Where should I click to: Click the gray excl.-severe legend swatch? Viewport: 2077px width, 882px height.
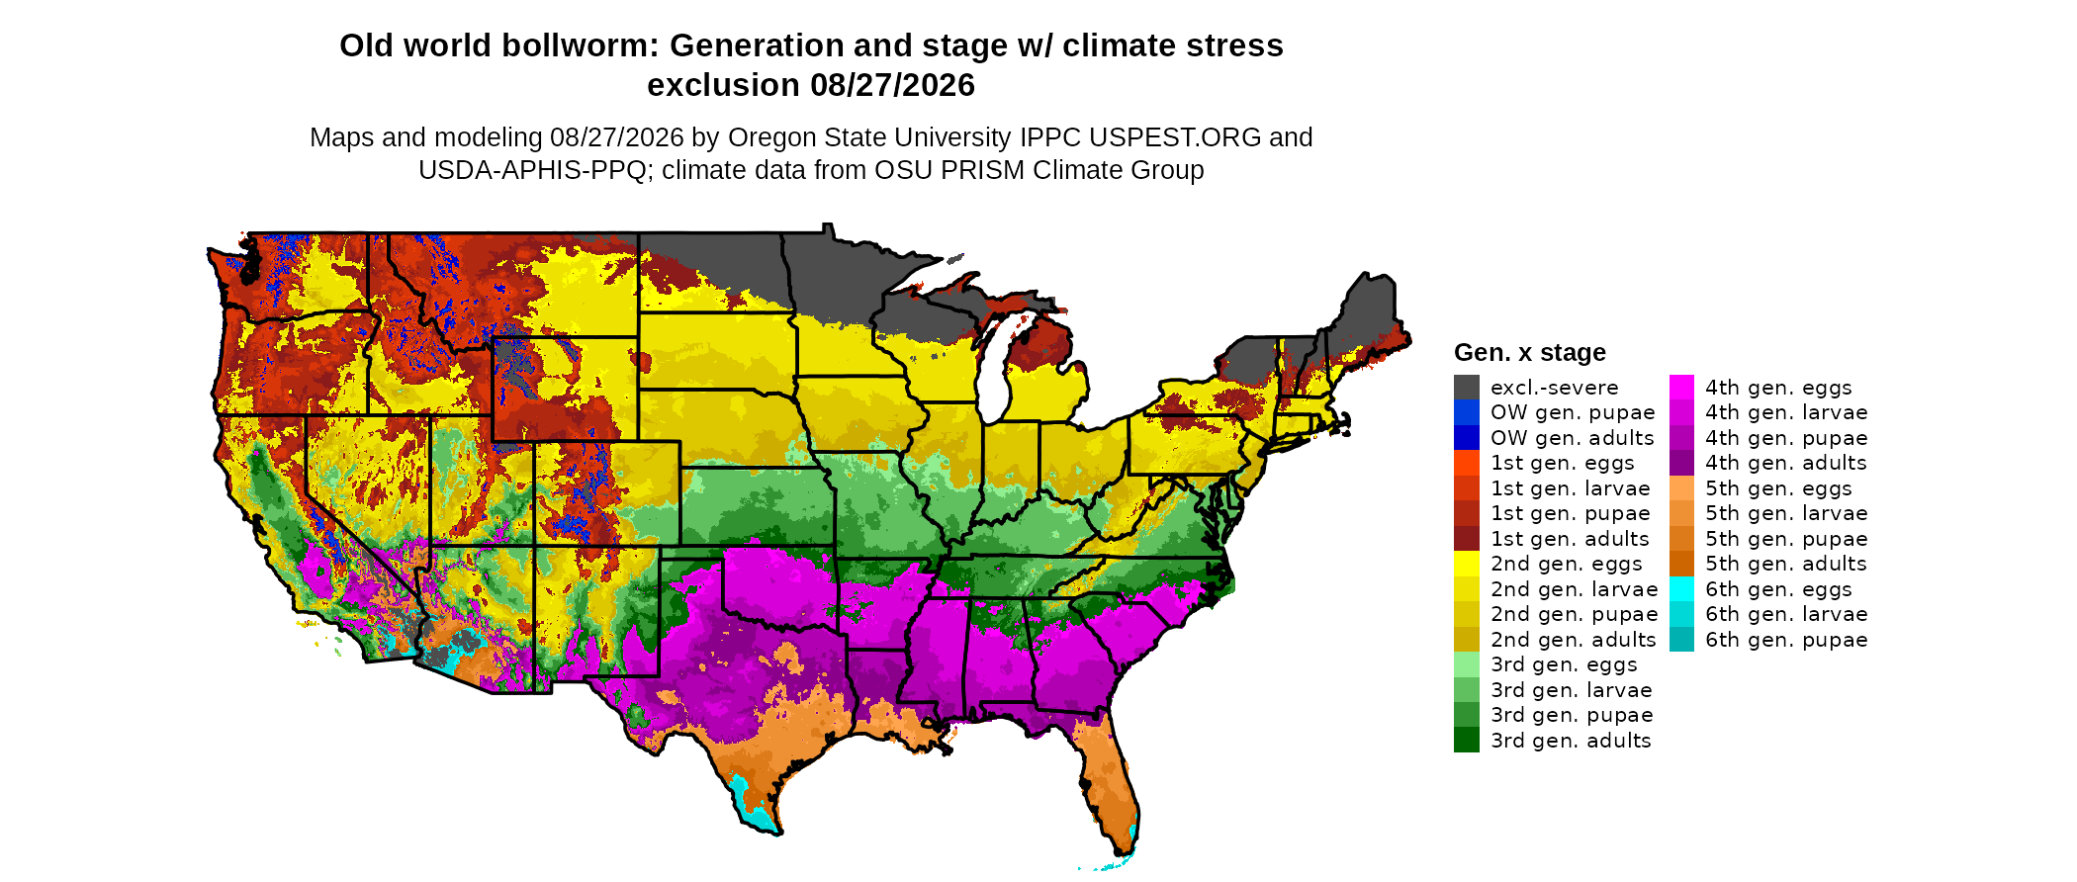pyautogui.click(x=1467, y=387)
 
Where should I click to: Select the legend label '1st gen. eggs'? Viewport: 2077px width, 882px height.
pyautogui.click(x=1563, y=463)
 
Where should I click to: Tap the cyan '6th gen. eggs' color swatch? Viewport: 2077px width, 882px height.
pyautogui.click(x=1681, y=588)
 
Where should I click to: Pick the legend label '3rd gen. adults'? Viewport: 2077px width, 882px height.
pyautogui.click(x=1571, y=741)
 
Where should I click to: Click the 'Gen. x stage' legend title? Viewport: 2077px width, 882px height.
pyautogui.click(x=1529, y=352)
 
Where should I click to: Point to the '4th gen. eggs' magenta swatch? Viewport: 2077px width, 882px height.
pyautogui.click(x=1681, y=387)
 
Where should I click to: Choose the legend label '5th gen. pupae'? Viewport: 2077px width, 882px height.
pyautogui.click(x=1786, y=539)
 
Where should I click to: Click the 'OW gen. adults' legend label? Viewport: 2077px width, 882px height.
pyautogui.click(x=1572, y=438)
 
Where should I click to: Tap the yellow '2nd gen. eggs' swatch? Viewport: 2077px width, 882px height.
pyautogui.click(x=1467, y=564)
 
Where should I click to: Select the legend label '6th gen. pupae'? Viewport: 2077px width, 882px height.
pyautogui.click(x=1786, y=640)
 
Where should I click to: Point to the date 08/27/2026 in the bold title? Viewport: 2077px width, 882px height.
pyautogui.click(x=892, y=85)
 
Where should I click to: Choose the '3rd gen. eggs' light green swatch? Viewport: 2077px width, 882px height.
pyautogui.click(x=1467, y=664)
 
